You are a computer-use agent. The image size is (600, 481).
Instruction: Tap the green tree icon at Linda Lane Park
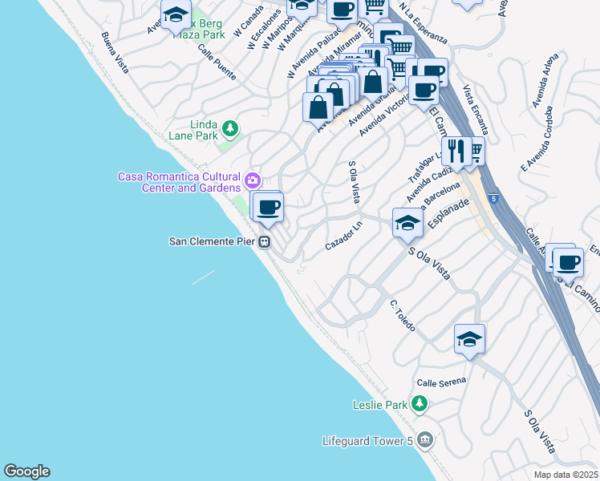[230, 127]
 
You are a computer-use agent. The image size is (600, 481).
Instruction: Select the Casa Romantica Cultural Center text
[179, 182]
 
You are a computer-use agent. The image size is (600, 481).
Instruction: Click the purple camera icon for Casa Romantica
[253, 178]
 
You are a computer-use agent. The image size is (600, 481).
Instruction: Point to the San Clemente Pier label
[212, 240]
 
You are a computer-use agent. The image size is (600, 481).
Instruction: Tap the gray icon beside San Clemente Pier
[264, 241]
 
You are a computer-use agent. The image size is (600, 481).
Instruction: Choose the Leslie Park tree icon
[419, 403]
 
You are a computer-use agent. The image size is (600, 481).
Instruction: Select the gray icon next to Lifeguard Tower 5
[425, 439]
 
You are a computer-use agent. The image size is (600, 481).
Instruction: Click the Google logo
[26, 471]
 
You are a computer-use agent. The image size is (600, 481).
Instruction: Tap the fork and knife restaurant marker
[456, 152]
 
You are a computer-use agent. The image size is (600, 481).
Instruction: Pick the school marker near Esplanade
[407, 223]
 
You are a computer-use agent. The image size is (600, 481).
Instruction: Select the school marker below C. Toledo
[469, 338]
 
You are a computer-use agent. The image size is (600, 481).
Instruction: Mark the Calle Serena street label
[440, 382]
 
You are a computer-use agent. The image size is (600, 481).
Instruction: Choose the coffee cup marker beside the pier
[268, 208]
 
